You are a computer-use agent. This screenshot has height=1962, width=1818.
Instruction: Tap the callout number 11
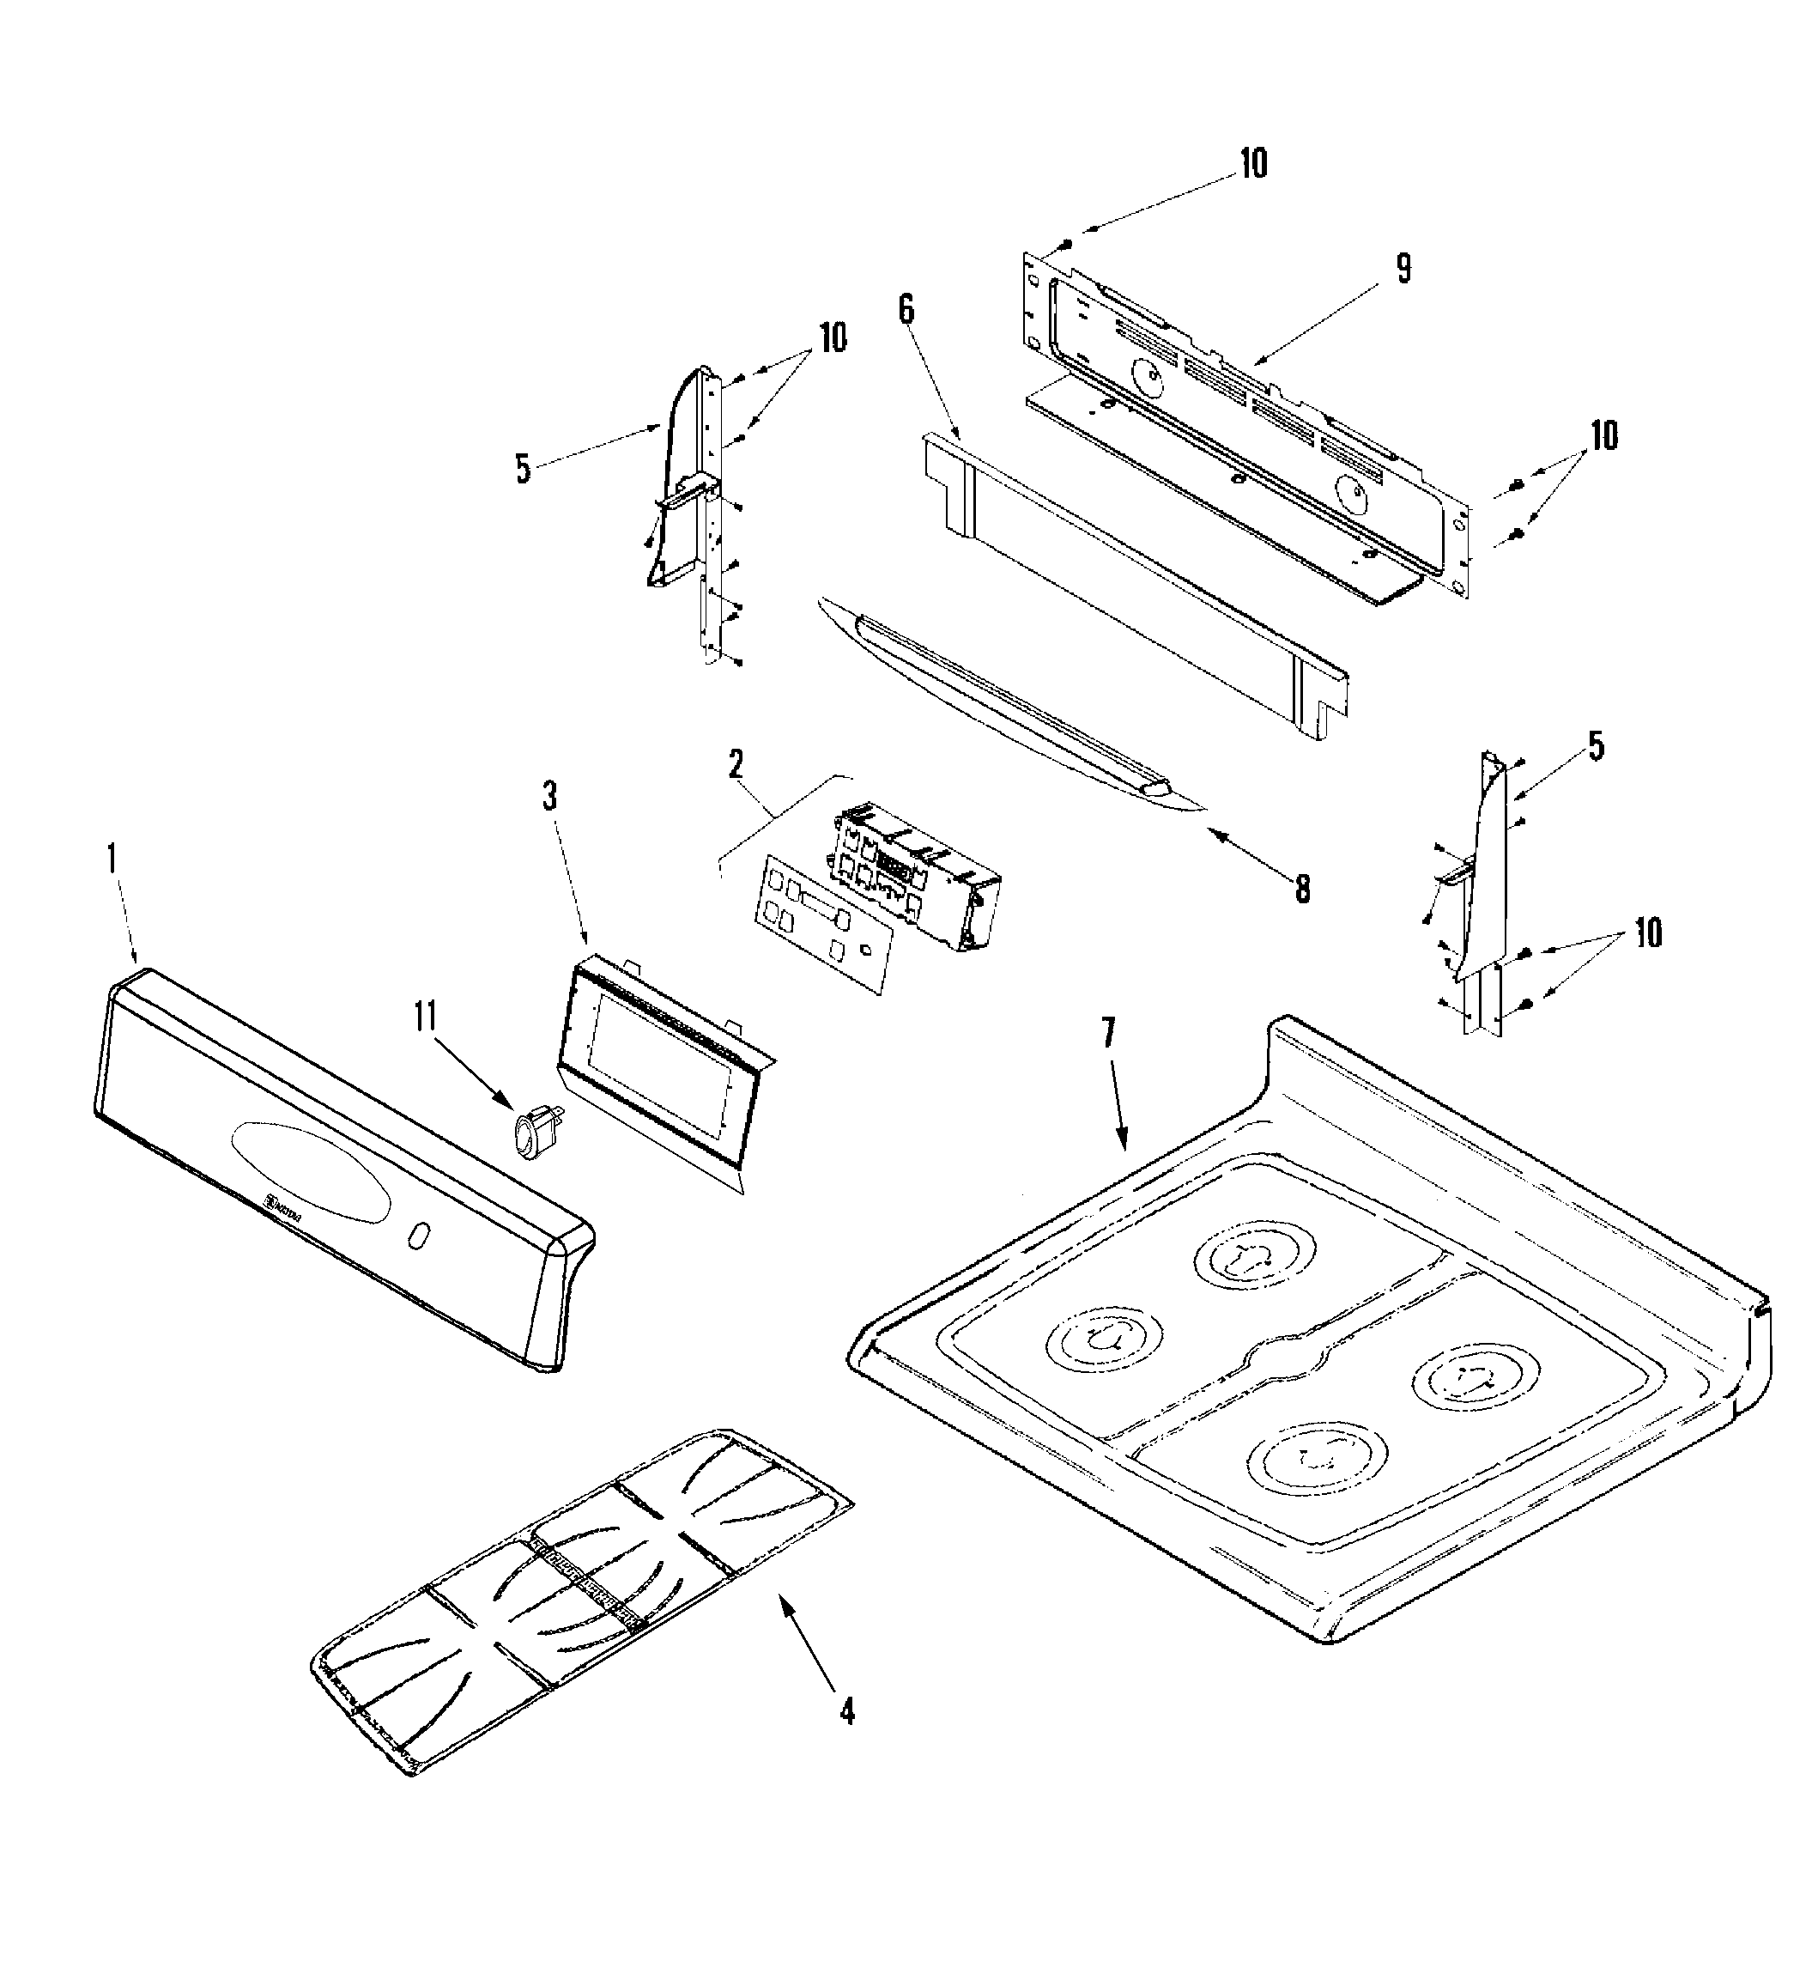tap(425, 1017)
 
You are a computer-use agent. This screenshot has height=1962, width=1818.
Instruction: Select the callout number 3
tap(550, 796)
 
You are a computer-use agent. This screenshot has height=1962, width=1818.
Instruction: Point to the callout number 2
tap(736, 763)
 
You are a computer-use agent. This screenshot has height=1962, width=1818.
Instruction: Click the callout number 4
tap(847, 1712)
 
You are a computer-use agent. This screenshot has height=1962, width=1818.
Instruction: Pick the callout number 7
tap(1108, 1032)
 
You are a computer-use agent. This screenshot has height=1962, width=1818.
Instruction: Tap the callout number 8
tap(1301, 889)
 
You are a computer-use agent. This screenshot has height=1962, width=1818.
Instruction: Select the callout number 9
tap(1403, 269)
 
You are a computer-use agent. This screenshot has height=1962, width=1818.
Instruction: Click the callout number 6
tap(905, 309)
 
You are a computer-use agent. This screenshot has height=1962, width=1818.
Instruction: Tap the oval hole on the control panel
tap(418, 1236)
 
